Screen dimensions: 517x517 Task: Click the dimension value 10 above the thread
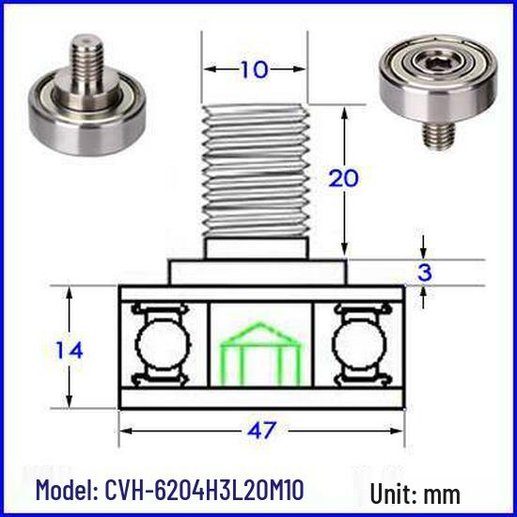[254, 70]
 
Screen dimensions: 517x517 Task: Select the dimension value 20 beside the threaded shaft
[343, 178]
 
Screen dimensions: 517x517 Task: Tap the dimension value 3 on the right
[424, 273]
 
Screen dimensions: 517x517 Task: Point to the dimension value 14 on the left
[70, 351]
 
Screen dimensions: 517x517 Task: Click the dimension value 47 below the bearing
[261, 430]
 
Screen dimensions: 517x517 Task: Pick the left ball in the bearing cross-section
[163, 345]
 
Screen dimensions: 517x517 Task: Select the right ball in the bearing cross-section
[359, 345]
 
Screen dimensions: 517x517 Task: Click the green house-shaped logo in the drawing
[260, 354]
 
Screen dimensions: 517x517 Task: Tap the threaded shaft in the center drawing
[256, 170]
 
